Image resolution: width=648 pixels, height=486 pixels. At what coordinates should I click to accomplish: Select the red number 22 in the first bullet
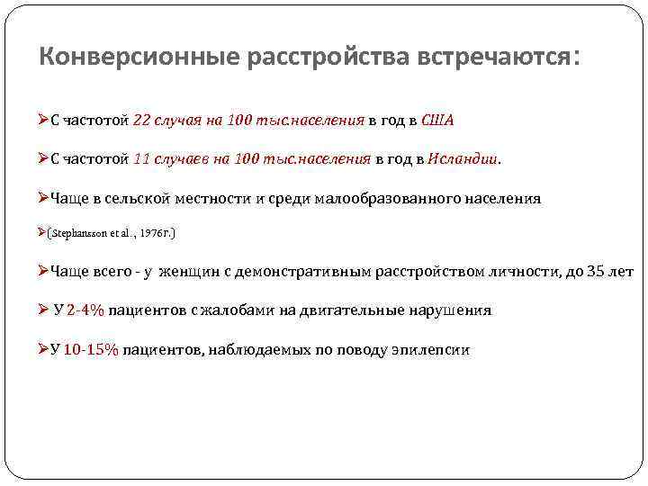point(141,120)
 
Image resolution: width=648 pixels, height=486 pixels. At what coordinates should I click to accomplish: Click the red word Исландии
point(464,159)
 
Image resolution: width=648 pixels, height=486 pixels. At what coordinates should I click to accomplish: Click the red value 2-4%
point(85,310)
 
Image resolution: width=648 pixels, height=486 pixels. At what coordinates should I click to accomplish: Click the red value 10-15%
point(91,349)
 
